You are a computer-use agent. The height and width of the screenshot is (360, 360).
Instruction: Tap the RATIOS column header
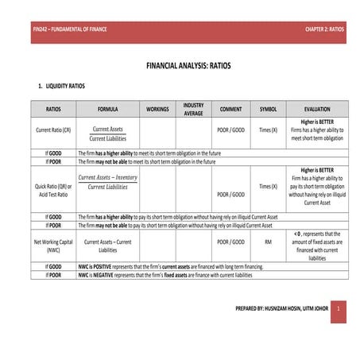coord(53,109)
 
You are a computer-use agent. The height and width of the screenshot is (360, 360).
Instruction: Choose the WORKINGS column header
coord(159,109)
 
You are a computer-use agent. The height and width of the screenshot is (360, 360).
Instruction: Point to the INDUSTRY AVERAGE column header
coord(193,109)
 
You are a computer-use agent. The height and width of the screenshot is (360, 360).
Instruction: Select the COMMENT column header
coord(230,109)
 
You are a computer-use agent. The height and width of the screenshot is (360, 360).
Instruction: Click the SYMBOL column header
coord(269,109)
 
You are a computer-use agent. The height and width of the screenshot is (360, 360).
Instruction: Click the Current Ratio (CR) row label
coord(53,130)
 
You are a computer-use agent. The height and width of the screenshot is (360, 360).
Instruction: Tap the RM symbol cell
coord(269,242)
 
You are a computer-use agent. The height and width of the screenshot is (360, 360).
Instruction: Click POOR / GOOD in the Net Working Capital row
coord(230,242)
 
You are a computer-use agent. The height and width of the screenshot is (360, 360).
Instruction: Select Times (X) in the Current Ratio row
coord(269,130)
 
